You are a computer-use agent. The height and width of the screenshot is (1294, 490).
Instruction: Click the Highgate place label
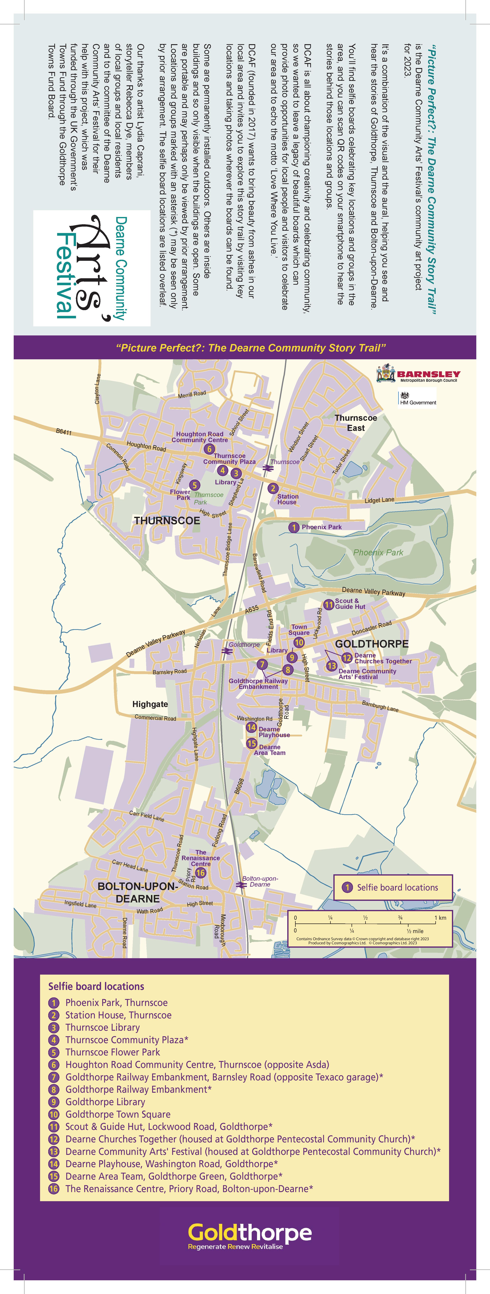coord(150,704)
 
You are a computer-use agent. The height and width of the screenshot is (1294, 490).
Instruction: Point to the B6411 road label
coord(64,432)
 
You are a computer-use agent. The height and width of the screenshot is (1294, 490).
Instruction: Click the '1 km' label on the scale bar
coord(440,918)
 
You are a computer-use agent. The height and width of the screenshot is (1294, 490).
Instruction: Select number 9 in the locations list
coord(54,1102)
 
